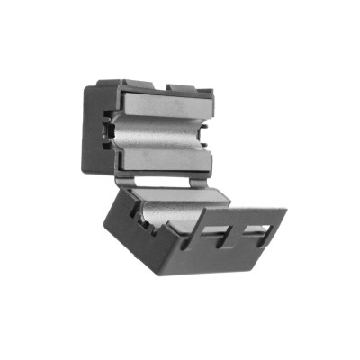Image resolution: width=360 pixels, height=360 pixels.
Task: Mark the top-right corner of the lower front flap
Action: pos(285,212)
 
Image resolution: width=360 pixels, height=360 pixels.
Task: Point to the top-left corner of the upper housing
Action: pos(87,86)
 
